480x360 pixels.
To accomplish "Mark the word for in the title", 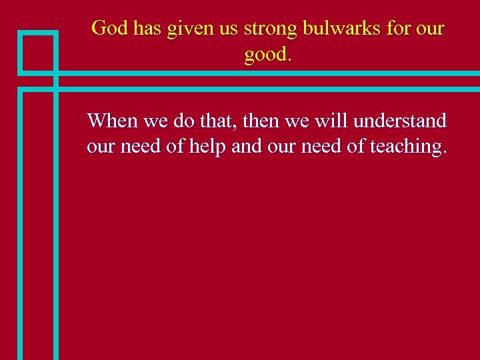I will pos(396,29).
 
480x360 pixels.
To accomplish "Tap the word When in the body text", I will pos(112,121).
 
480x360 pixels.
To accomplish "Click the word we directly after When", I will pos(155,121).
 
